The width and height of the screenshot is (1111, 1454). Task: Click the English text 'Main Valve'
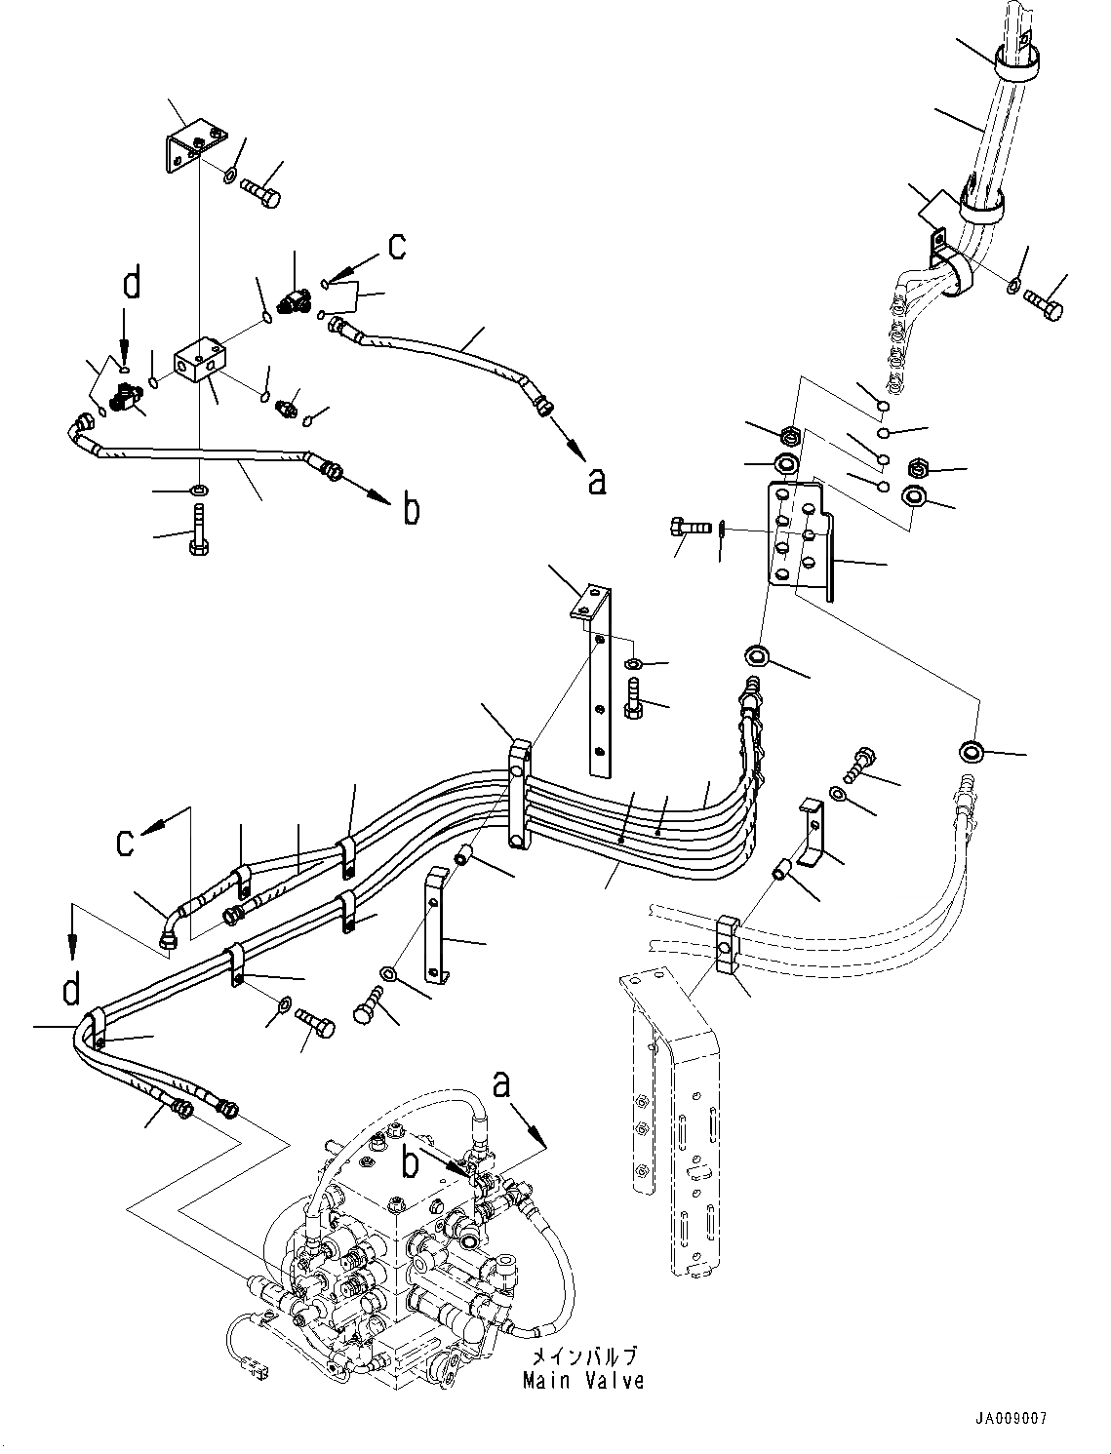coord(583,1381)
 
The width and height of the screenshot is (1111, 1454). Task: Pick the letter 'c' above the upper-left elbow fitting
coord(397,247)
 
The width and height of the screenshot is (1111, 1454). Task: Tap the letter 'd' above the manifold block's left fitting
coord(131,285)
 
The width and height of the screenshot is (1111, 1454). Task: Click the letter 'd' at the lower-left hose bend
coord(70,990)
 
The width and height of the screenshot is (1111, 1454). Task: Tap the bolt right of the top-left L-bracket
coord(258,187)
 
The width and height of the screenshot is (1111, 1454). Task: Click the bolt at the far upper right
coord(1043,304)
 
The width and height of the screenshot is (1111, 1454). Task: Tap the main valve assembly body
coord(400,1238)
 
